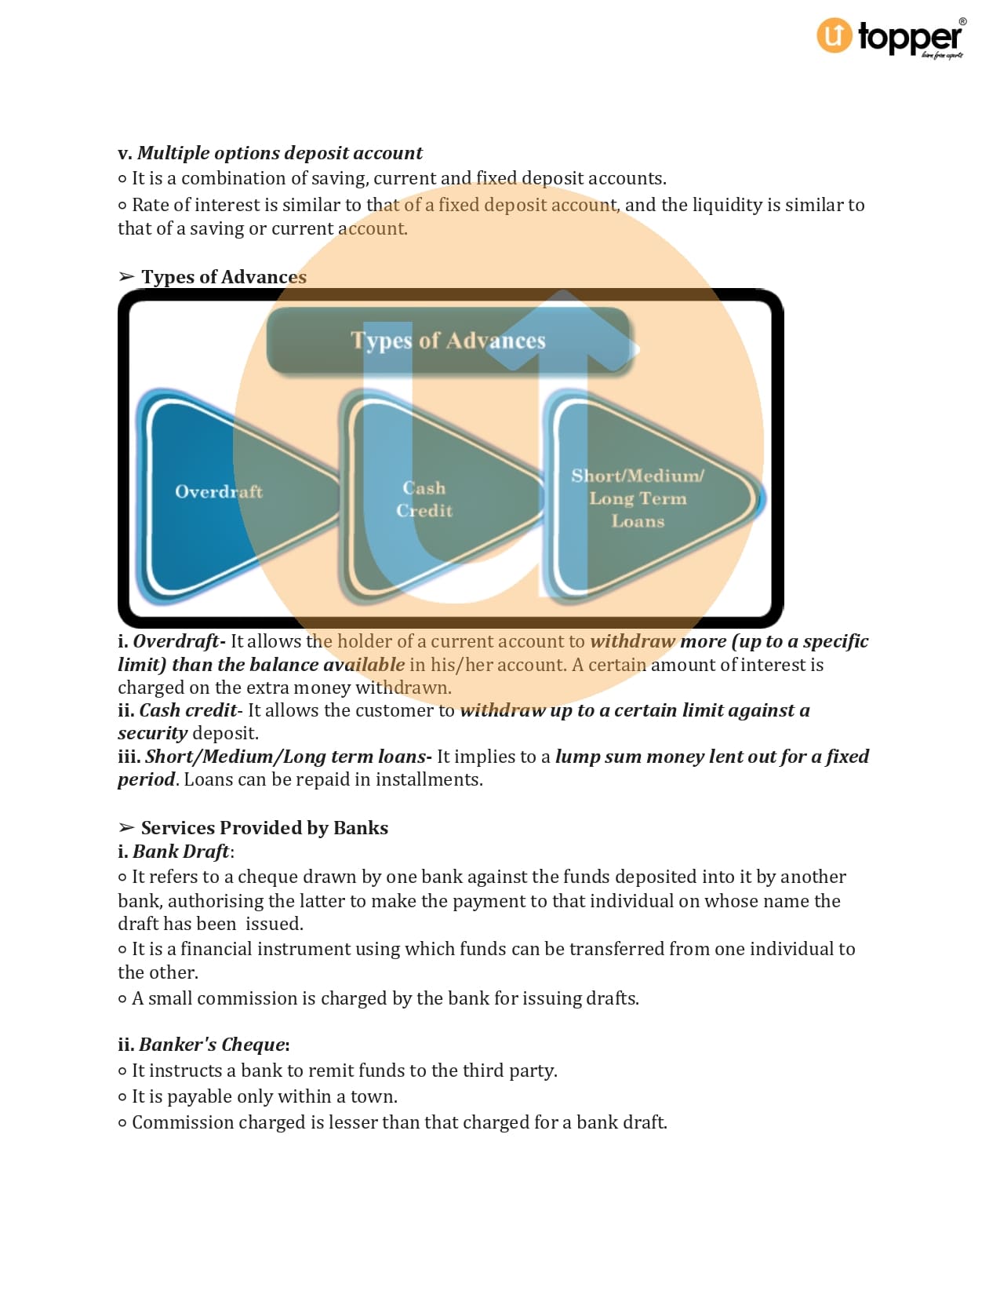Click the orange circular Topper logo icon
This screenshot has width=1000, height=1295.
click(x=834, y=35)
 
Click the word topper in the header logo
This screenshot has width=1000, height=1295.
click(x=910, y=38)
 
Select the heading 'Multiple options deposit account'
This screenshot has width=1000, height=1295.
click(x=280, y=153)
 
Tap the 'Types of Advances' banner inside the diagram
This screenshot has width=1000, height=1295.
click(x=448, y=341)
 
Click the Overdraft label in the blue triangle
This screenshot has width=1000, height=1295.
click(x=219, y=491)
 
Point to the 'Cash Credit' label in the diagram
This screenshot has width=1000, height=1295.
click(x=424, y=499)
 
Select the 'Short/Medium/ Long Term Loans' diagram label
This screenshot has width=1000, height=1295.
click(x=638, y=498)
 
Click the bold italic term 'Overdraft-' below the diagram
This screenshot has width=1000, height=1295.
click(x=180, y=641)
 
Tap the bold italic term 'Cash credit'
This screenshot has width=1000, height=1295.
click(x=188, y=710)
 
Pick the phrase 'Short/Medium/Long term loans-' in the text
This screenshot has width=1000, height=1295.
click(x=289, y=757)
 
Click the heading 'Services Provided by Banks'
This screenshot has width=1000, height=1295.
click(x=264, y=828)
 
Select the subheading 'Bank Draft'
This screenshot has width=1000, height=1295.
click(x=181, y=852)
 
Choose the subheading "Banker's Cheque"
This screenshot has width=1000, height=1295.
click(x=212, y=1045)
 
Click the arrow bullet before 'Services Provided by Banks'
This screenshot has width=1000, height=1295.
click(x=126, y=828)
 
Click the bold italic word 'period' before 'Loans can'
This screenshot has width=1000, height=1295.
click(x=147, y=780)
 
